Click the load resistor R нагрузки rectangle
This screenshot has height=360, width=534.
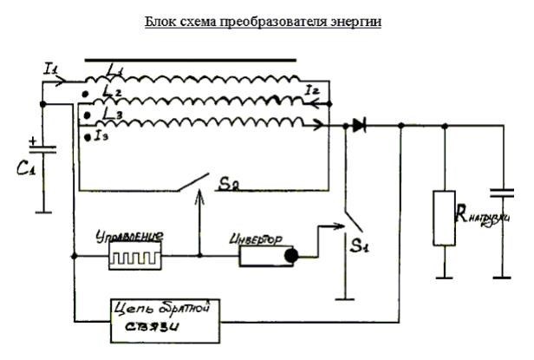click(x=445, y=216)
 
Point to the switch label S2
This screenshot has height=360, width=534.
click(x=229, y=185)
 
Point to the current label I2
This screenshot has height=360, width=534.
click(x=316, y=88)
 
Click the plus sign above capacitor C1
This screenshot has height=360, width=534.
click(x=33, y=139)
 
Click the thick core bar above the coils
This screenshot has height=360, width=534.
click(x=191, y=61)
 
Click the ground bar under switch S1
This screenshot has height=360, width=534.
click(x=348, y=297)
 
